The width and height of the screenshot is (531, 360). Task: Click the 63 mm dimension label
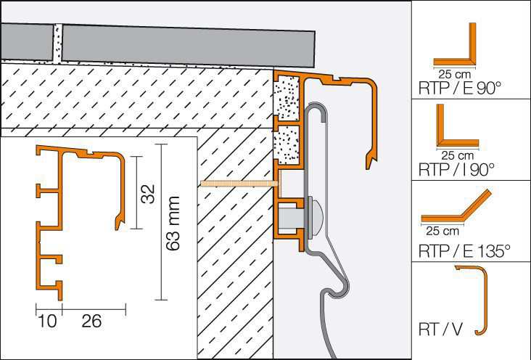pyautogui.click(x=173, y=223)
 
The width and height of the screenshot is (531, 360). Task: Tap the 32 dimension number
pyautogui.click(x=148, y=194)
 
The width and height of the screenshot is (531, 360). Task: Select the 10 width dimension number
pyautogui.click(x=47, y=321)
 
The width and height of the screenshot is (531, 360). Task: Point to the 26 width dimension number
pyautogui.click(x=91, y=321)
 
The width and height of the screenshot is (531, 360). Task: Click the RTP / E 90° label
pyautogui.click(x=459, y=88)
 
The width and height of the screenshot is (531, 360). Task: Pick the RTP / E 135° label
pyautogui.click(x=464, y=251)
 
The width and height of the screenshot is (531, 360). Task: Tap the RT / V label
pyautogui.click(x=440, y=329)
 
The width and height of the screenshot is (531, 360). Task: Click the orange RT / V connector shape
pyautogui.click(x=485, y=298)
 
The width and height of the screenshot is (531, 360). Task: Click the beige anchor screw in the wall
pyautogui.click(x=239, y=184)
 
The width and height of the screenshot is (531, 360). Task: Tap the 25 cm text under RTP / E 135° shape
pyautogui.click(x=442, y=232)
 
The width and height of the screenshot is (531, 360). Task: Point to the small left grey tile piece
pyautogui.click(x=27, y=41)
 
